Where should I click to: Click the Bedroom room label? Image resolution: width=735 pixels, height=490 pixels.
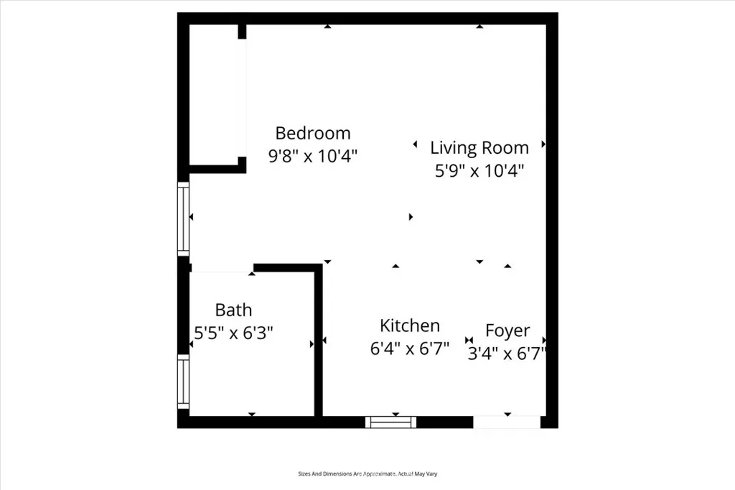313,133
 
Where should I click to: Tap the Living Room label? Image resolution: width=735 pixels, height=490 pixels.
479,148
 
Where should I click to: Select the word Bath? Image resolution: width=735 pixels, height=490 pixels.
234,310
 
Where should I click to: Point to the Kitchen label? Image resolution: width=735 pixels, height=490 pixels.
410,325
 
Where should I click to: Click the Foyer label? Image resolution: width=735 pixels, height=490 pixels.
507,330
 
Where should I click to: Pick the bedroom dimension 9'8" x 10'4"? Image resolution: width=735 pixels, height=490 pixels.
313,156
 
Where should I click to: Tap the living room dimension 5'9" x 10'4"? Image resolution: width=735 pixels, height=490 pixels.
479,171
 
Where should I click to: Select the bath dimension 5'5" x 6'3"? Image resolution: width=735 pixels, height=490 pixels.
234,333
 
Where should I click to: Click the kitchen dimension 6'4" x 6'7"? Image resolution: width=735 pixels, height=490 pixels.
410,348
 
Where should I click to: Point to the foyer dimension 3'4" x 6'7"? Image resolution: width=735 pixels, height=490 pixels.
507,353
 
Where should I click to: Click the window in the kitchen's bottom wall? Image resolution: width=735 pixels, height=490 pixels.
390,422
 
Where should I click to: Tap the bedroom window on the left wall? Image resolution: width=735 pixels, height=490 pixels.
184,218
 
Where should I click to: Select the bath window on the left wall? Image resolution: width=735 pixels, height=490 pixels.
184,382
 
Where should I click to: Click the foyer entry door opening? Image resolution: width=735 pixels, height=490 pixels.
507,422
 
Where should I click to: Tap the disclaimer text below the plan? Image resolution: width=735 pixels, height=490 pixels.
367,473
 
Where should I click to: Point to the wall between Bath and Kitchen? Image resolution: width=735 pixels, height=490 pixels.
318,342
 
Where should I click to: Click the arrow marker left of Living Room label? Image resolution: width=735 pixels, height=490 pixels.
415,144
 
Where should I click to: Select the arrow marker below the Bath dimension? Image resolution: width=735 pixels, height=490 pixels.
252,415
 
